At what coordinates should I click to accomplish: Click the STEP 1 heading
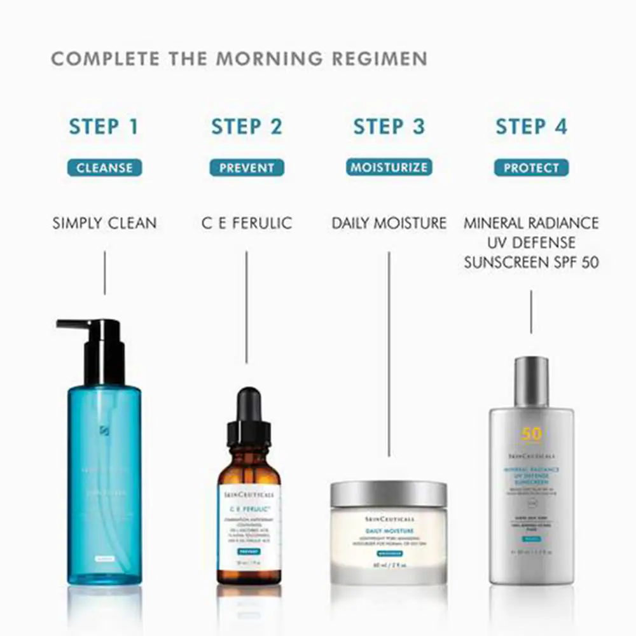[x=104, y=127]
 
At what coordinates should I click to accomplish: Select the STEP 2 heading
[x=246, y=127]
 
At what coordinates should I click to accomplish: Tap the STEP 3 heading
[x=389, y=127]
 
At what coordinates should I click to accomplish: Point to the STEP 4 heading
[x=531, y=127]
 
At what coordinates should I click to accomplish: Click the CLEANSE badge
[x=104, y=168]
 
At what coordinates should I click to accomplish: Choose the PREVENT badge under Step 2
[x=247, y=168]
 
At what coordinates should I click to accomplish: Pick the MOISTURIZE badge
[x=389, y=167]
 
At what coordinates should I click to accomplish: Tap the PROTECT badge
[x=531, y=168]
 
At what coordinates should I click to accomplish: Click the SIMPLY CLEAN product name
[x=104, y=223]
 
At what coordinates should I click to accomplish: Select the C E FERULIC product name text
[x=247, y=223]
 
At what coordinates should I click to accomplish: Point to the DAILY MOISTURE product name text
[x=389, y=223]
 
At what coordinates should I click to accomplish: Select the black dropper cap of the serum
[x=249, y=417]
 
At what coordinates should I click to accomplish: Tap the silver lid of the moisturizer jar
[x=389, y=494]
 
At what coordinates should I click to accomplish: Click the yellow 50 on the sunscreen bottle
[x=531, y=434]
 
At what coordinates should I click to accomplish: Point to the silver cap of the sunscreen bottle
[x=531, y=382]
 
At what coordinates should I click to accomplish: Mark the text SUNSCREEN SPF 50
[x=531, y=262]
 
